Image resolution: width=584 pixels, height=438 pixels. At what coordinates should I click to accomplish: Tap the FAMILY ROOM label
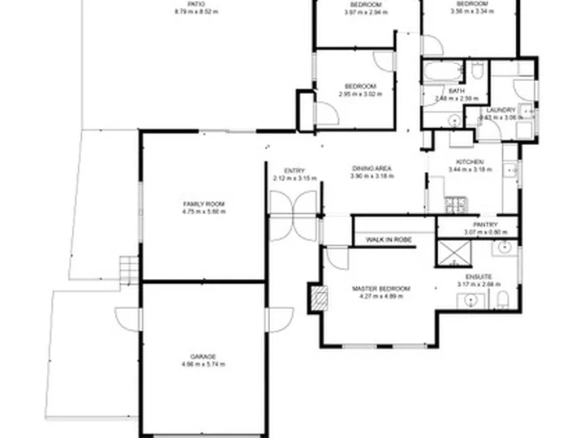tap(204, 204)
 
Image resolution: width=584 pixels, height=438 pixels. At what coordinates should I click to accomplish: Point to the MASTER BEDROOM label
tap(380, 288)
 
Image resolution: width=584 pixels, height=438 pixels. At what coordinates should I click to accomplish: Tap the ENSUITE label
tap(478, 277)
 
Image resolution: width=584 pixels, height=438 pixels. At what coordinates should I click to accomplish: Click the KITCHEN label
tap(470, 161)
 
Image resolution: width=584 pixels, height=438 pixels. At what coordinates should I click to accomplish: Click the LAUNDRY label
tap(501, 110)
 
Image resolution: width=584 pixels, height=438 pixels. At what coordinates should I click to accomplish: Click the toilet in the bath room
tap(478, 71)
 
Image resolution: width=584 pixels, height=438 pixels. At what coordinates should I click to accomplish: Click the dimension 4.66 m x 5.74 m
tap(204, 363)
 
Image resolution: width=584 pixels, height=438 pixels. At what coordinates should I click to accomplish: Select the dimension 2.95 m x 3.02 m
tap(359, 94)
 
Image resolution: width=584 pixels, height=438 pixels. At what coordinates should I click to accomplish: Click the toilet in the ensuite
tap(502, 303)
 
